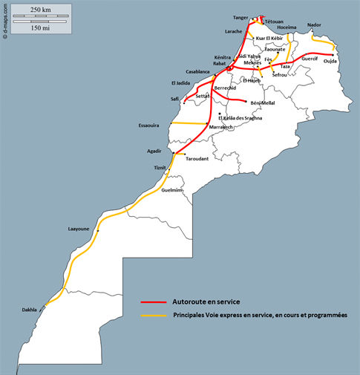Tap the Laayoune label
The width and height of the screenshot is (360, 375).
[x=79, y=229]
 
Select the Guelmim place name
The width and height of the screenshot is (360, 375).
[x=172, y=191]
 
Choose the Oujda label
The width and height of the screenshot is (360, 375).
[x=330, y=61]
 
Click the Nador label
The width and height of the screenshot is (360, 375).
[x=315, y=25]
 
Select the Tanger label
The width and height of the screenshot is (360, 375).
[x=240, y=16]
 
